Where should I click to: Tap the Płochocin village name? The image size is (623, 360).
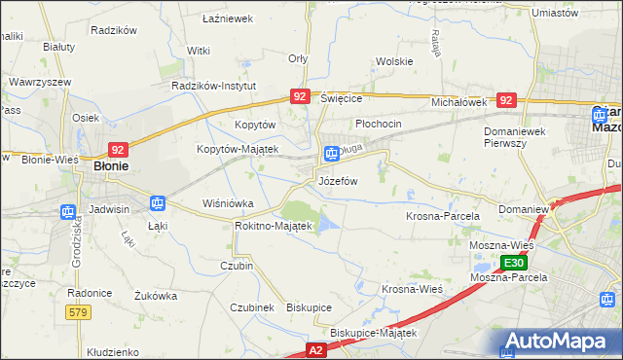379,125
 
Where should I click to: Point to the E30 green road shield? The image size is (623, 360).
516,263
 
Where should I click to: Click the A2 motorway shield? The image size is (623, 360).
315,348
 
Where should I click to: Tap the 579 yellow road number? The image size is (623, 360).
79,311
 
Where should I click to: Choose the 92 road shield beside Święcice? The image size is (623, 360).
300,96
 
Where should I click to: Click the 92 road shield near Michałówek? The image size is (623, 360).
505,99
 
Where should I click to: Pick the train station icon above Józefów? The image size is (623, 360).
331,153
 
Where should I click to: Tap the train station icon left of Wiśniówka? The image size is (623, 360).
157,202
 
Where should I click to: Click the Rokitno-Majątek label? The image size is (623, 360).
273,226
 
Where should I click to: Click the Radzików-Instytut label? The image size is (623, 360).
212,86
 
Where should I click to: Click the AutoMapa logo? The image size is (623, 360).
559,342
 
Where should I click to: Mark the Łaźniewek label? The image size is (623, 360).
227,18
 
